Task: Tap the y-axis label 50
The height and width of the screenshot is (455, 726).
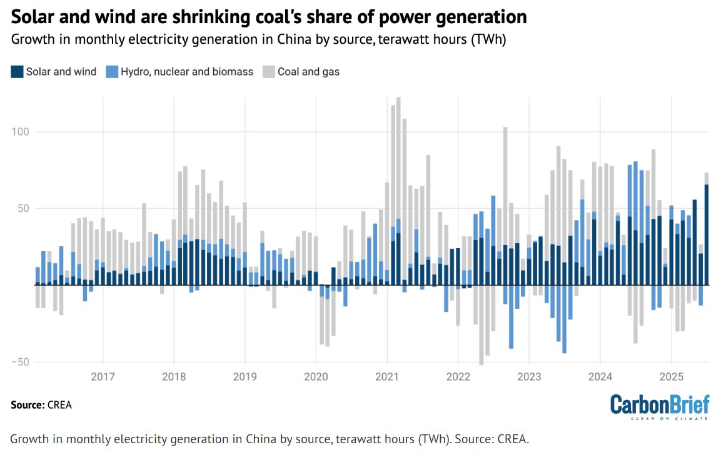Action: pyautogui.click(x=24, y=208)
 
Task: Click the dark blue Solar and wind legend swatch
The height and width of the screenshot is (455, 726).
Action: pyautogui.click(x=17, y=72)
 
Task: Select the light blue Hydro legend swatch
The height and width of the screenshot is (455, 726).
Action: pyautogui.click(x=113, y=72)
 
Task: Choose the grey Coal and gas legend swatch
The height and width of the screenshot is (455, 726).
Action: pyautogui.click(x=268, y=72)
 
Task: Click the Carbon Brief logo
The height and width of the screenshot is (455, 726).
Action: pyautogui.click(x=659, y=406)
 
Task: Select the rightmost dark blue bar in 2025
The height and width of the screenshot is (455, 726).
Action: pyautogui.click(x=707, y=234)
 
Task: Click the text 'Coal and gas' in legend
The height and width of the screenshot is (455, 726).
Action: pyautogui.click(x=308, y=72)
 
